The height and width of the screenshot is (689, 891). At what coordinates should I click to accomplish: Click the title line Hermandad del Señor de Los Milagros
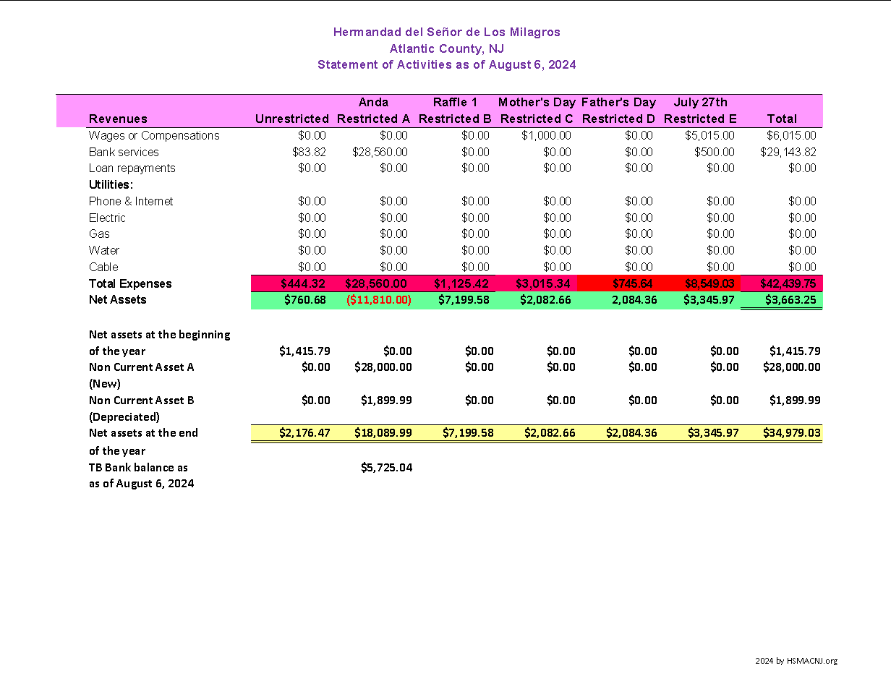pyautogui.click(x=446, y=32)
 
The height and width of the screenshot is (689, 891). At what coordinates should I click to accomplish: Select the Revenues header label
pyautogui.click(x=118, y=119)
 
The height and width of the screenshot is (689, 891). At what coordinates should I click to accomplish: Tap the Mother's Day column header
pyautogui.click(x=537, y=102)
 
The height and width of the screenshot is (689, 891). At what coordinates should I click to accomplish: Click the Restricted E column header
pyautogui.click(x=700, y=119)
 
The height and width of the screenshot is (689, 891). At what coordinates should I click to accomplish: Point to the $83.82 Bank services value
pyautogui.click(x=312, y=152)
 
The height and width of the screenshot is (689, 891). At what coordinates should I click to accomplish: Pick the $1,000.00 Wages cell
pyautogui.click(x=546, y=135)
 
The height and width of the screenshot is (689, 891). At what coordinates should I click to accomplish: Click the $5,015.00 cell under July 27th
pyautogui.click(x=709, y=135)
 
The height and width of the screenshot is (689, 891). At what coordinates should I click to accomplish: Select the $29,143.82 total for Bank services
pyautogui.click(x=788, y=152)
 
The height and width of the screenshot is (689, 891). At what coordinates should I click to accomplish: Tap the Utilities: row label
pyautogui.click(x=111, y=184)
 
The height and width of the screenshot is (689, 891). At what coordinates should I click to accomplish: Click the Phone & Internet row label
pyautogui.click(x=131, y=201)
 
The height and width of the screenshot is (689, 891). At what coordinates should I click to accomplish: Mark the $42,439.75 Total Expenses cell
pyautogui.click(x=788, y=283)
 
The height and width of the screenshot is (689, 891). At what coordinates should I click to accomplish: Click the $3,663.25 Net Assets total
pyautogui.click(x=790, y=299)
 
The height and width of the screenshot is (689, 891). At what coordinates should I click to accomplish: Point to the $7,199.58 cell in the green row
pyautogui.click(x=464, y=299)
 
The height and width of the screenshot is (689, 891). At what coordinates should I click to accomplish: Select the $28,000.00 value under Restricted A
pyautogui.click(x=383, y=367)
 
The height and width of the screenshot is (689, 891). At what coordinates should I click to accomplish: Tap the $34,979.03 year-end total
pyautogui.click(x=791, y=433)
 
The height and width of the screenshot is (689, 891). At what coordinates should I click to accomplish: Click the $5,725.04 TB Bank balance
pyautogui.click(x=386, y=468)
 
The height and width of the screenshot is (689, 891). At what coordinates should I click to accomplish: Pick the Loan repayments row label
pyautogui.click(x=132, y=168)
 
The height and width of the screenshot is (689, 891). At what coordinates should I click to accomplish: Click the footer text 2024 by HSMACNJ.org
pyautogui.click(x=796, y=661)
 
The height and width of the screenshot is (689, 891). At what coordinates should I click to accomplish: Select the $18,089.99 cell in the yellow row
pyautogui.click(x=383, y=433)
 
